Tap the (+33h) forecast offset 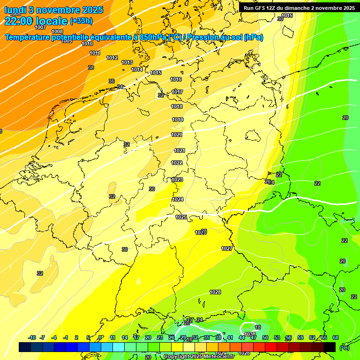tap(82, 21)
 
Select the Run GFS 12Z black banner tap(299, 7)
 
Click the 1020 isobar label tap(177, 135)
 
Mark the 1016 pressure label tap(176, 80)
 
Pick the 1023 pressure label tap(177, 180)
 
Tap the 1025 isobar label tap(181, 217)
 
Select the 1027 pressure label tap(227, 248)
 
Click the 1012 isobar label tap(112, 58)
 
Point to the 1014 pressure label tap(137, 69)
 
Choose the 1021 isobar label tap(180, 150)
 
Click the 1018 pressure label tap(177, 107)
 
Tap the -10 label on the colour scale tap(32, 337)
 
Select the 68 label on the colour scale tap(335, 337)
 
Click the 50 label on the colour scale tap(265, 337)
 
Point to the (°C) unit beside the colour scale tap(344, 348)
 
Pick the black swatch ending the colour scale tap(330, 347)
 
